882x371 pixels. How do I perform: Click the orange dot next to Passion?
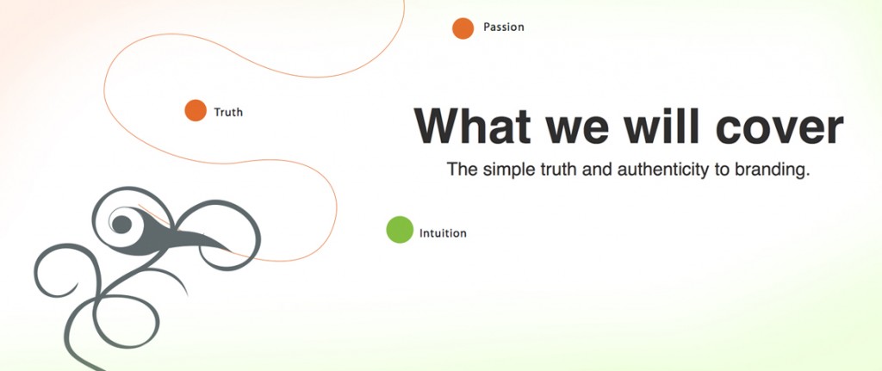click(463, 28)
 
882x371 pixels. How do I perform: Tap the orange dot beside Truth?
click(196, 110)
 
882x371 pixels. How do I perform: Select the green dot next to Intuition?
click(400, 229)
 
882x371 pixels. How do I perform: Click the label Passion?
click(503, 27)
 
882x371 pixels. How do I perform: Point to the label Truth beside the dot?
click(228, 113)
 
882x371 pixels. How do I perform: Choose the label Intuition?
click(443, 232)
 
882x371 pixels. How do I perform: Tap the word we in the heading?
click(578, 129)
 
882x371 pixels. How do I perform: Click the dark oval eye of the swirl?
click(122, 225)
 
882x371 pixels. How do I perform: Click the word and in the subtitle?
click(598, 170)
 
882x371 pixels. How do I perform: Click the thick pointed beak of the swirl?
click(202, 239)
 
